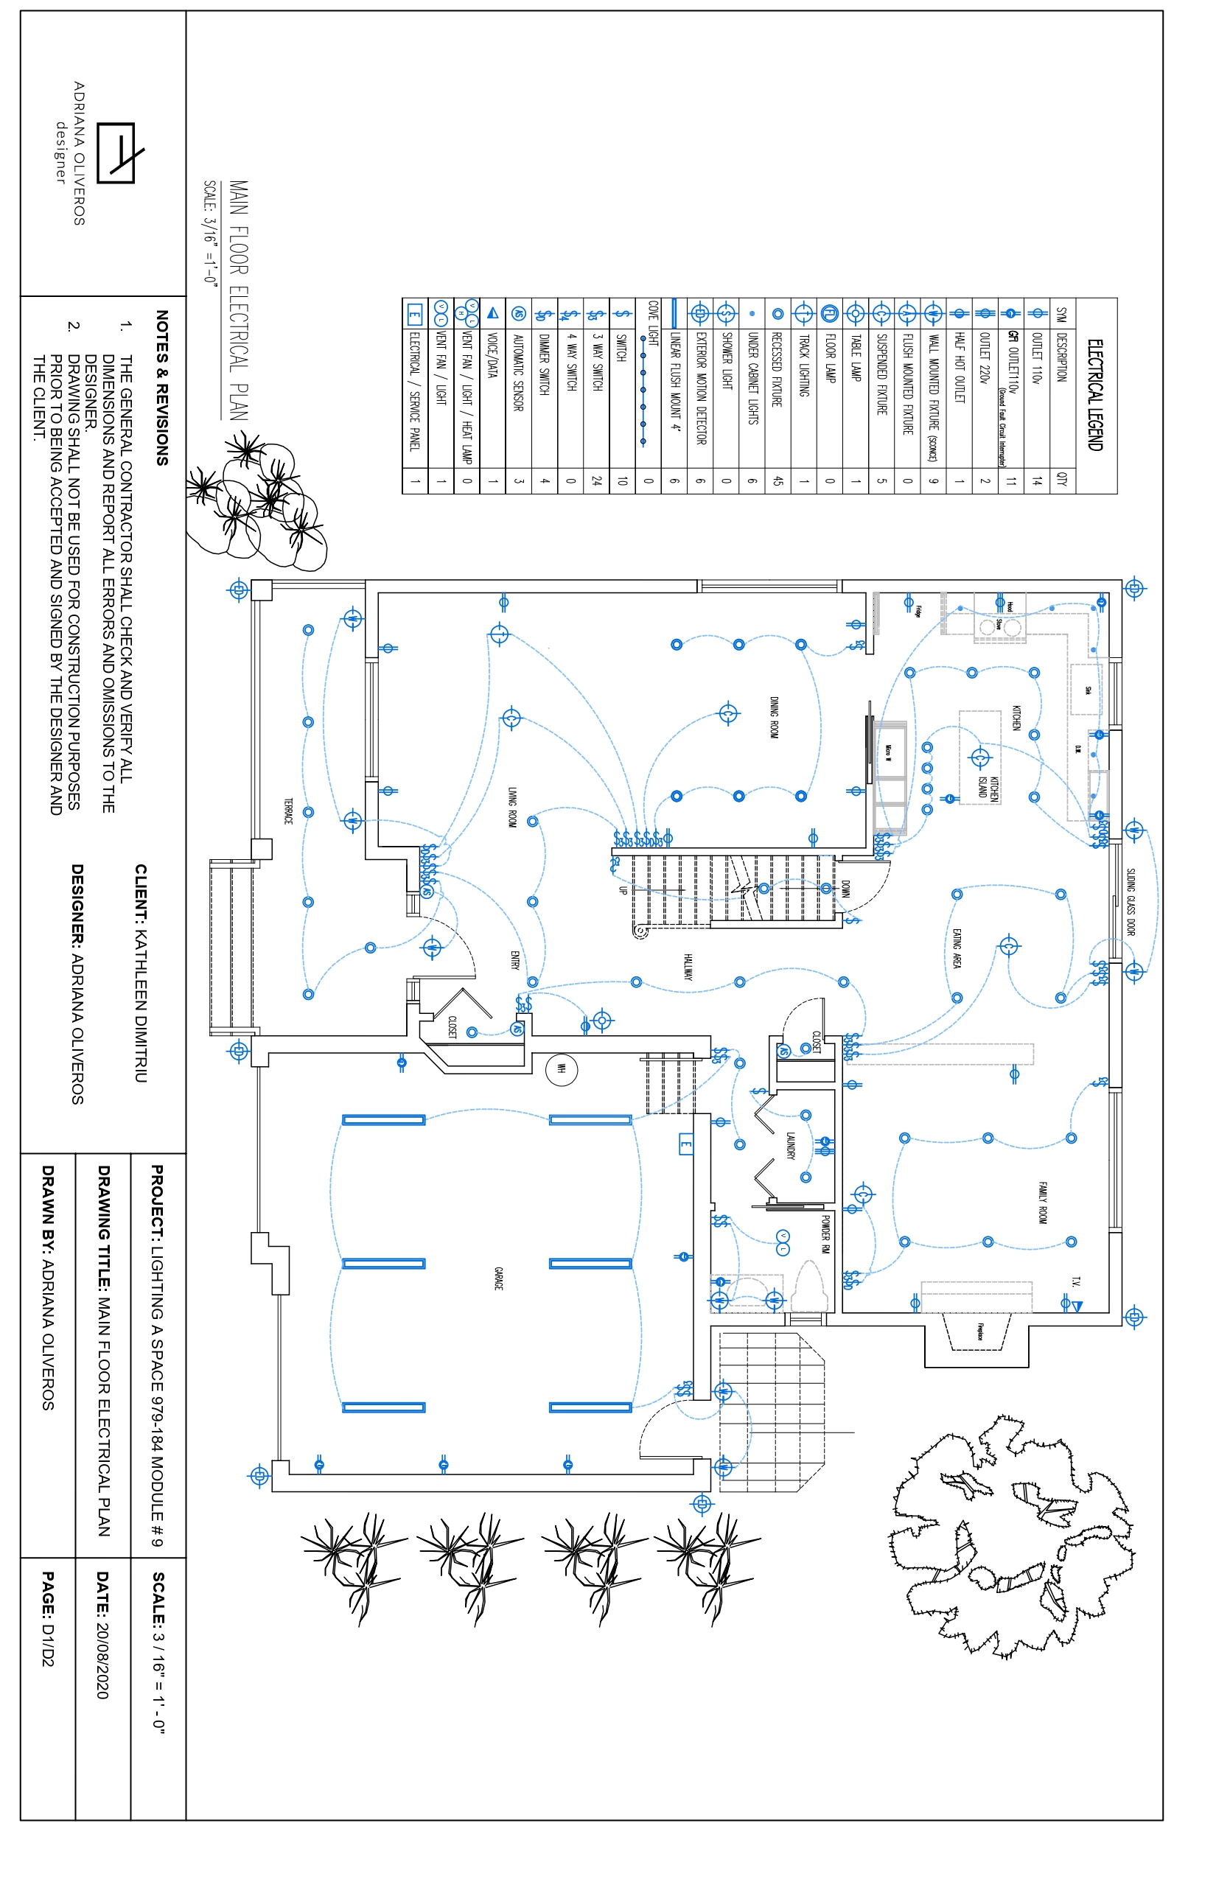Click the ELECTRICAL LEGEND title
1094,395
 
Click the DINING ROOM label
775,717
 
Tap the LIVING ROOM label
512,807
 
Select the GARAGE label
498,1278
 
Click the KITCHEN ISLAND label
988,788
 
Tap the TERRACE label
288,811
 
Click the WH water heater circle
562,1069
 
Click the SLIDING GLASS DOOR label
1130,902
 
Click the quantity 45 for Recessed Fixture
778,480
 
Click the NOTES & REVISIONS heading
162,387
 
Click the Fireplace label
980,1331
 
